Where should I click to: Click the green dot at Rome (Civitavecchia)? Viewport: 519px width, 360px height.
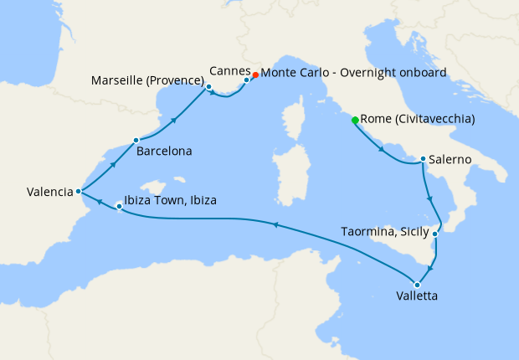coord(355,121)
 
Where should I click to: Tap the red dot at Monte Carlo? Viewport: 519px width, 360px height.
coord(255,74)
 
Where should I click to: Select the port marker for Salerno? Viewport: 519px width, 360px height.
coord(424,159)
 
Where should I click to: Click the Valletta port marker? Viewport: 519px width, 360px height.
coord(417,285)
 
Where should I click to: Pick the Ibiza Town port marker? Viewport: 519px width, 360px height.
coord(118,206)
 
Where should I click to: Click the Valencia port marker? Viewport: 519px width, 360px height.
coord(78,191)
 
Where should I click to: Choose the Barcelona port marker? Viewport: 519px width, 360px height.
coord(136,141)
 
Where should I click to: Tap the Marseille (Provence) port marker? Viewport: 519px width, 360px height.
coord(208,86)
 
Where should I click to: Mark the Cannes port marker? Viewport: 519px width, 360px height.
coord(246,80)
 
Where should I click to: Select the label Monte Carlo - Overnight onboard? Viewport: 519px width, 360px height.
coord(353,73)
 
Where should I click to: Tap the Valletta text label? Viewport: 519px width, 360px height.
coord(416,296)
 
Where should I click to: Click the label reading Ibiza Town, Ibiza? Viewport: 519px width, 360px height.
coord(170,202)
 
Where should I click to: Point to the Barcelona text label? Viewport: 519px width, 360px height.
coord(166,152)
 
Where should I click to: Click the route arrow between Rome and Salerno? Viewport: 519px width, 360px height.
coord(383,151)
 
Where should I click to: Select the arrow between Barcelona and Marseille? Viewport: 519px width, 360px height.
coord(173,121)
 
